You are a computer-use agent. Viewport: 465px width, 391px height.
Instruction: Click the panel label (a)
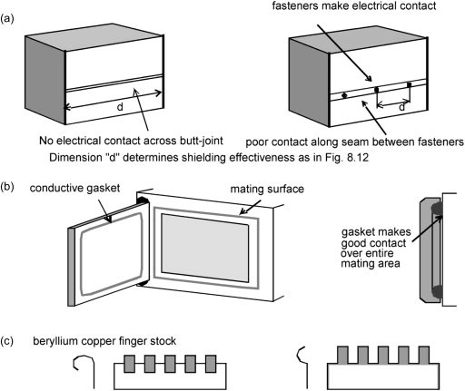tap(7, 19)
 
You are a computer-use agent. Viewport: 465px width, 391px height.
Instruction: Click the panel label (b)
tap(7, 187)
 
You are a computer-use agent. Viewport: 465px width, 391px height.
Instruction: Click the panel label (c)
tap(7, 341)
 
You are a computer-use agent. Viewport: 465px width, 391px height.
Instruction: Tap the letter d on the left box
tap(120, 106)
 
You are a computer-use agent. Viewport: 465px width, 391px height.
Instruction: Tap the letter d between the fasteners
tap(401, 107)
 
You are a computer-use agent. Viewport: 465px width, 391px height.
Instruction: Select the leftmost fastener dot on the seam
tap(344, 95)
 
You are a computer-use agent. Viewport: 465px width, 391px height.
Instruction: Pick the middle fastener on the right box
tap(377, 90)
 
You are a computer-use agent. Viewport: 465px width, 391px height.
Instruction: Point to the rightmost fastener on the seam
tap(410, 85)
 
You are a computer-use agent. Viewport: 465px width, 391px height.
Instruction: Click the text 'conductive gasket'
tap(74, 188)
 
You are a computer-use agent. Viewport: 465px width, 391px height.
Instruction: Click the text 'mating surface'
tap(267, 190)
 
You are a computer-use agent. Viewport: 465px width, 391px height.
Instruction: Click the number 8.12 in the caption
tap(358, 158)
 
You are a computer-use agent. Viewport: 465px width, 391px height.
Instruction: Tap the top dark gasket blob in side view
tap(437, 209)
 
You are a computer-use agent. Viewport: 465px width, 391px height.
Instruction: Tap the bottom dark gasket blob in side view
tap(437, 291)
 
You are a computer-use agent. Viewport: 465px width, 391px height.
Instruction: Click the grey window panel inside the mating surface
tap(205, 248)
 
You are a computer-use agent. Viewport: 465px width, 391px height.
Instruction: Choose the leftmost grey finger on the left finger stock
tap(129, 364)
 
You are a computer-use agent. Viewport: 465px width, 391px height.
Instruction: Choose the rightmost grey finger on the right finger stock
tap(424, 355)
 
